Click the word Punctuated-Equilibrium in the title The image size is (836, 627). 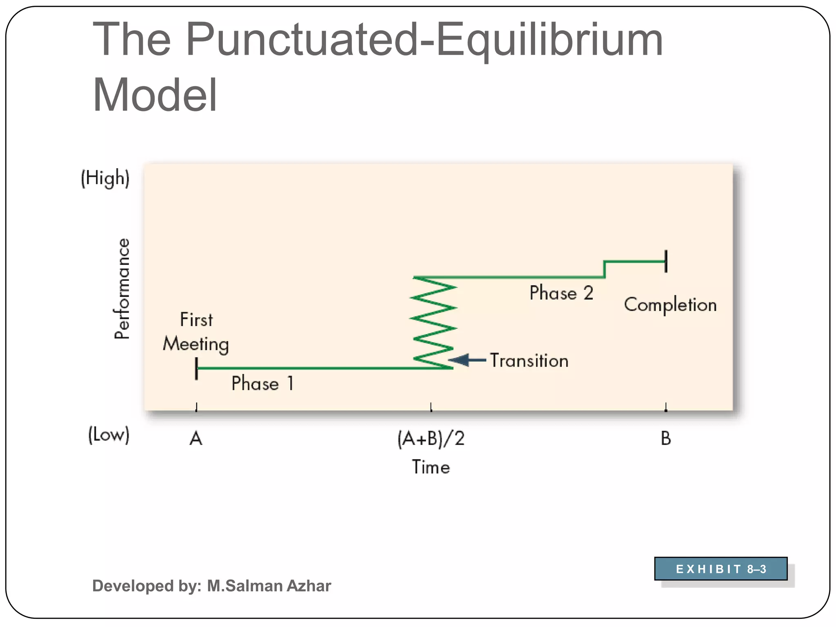(x=424, y=40)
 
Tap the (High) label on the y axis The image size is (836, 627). (x=105, y=178)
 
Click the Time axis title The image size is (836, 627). (x=431, y=467)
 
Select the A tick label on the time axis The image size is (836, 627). (x=196, y=439)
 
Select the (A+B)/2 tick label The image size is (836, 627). (x=431, y=439)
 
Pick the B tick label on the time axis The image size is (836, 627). (x=666, y=439)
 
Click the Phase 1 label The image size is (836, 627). (x=262, y=383)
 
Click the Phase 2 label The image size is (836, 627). (x=561, y=293)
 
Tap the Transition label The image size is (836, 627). (x=529, y=360)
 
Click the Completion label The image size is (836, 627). (x=670, y=305)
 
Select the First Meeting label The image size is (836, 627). (x=196, y=332)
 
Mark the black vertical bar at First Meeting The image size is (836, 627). (x=196, y=368)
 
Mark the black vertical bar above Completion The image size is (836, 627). (x=666, y=261)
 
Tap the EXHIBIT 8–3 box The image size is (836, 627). (x=720, y=569)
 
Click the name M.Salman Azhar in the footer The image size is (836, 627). (x=269, y=586)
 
